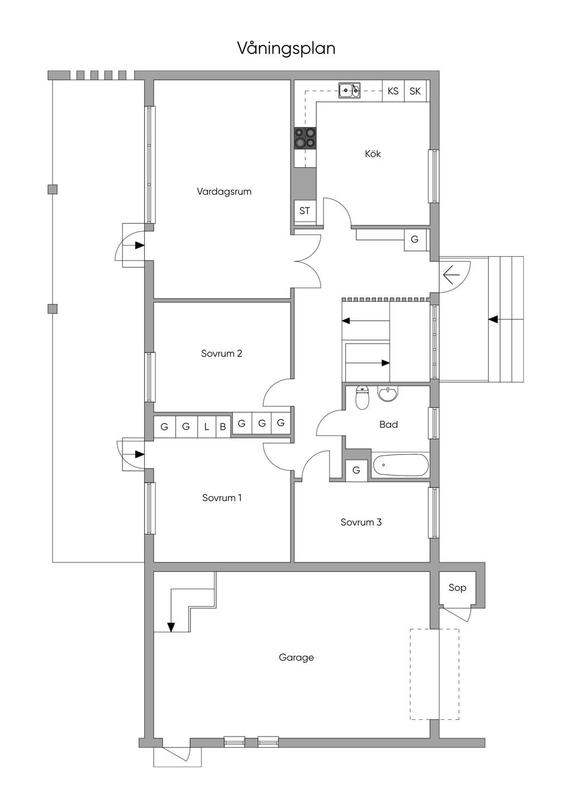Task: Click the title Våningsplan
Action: tap(286, 49)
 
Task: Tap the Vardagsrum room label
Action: tap(224, 191)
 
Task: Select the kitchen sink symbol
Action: tap(349, 90)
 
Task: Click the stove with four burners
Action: tap(305, 138)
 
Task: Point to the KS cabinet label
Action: tap(393, 91)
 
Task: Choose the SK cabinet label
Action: tap(415, 91)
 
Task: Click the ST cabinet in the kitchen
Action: tap(304, 211)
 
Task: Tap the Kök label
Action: tap(373, 153)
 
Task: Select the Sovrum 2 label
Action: tap(221, 354)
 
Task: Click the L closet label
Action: tap(207, 427)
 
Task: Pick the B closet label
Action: tap(223, 427)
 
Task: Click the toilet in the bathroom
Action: tap(362, 398)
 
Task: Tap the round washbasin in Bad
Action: tap(388, 394)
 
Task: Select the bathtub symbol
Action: tap(401, 465)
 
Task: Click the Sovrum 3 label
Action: tap(361, 522)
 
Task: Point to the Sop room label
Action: tap(457, 588)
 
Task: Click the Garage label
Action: tap(296, 657)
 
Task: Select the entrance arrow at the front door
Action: tap(451, 275)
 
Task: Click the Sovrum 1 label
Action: tap(222, 498)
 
